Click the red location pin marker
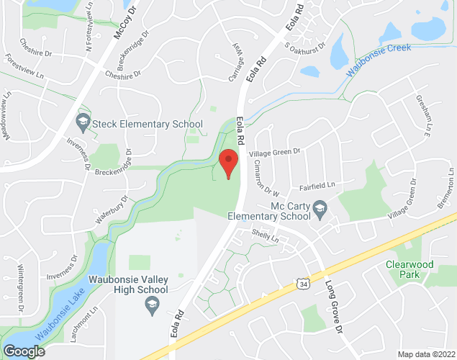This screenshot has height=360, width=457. pyautogui.click(x=229, y=163)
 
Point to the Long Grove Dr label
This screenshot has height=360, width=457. pyautogui.click(x=333, y=305)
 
